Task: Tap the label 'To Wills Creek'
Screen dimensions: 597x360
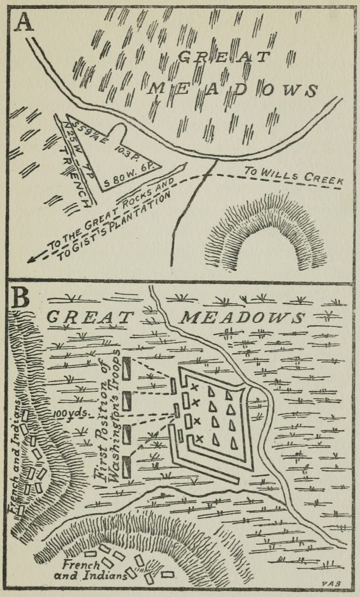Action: (x=293, y=175)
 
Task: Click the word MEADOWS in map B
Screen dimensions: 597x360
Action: (x=242, y=318)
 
